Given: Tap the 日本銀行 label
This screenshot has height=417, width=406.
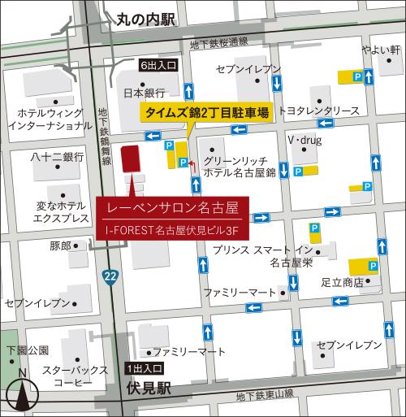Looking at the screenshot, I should (x=144, y=93).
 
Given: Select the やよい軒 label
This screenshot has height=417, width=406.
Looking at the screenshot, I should (x=382, y=50).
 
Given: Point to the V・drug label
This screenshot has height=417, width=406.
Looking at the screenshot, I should (x=304, y=140).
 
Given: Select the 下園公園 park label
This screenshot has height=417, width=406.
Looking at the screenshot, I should (x=28, y=350).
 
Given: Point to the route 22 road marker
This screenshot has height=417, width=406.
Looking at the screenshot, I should (x=109, y=278).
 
